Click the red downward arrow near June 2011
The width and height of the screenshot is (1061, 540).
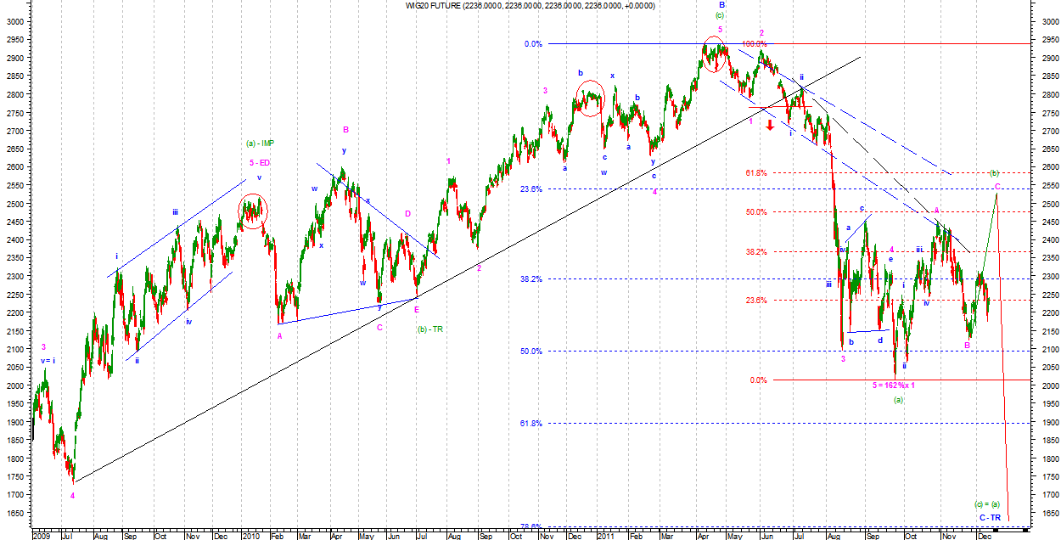pos(770,126)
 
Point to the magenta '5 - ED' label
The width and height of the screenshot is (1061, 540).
pos(260,162)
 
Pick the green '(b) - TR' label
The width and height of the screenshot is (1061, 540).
pos(431,329)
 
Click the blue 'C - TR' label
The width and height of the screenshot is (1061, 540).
pos(989,517)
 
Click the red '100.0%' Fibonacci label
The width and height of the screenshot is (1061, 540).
pos(755,44)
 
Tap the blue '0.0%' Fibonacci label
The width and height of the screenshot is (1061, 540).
pos(533,44)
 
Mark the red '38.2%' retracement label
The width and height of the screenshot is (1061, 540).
pos(756,252)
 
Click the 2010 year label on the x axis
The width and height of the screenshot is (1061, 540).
pos(250,537)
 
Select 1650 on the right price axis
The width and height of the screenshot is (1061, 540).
pos(1046,514)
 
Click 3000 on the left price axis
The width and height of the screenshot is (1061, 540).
pos(14,22)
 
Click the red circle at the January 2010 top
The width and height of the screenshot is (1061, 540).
pos(252,211)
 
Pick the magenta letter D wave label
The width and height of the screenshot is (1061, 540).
pos(407,214)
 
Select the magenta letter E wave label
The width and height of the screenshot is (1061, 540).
pos(417,310)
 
